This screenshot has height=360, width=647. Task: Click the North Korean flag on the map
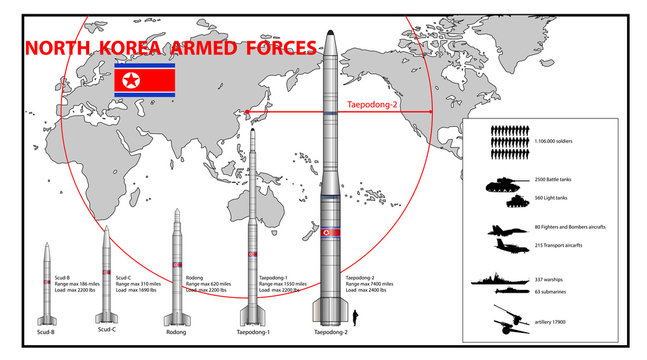145,81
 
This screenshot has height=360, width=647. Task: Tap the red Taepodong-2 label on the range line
372,103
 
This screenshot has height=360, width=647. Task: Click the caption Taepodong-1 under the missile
253,331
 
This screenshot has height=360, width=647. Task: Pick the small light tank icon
513,201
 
